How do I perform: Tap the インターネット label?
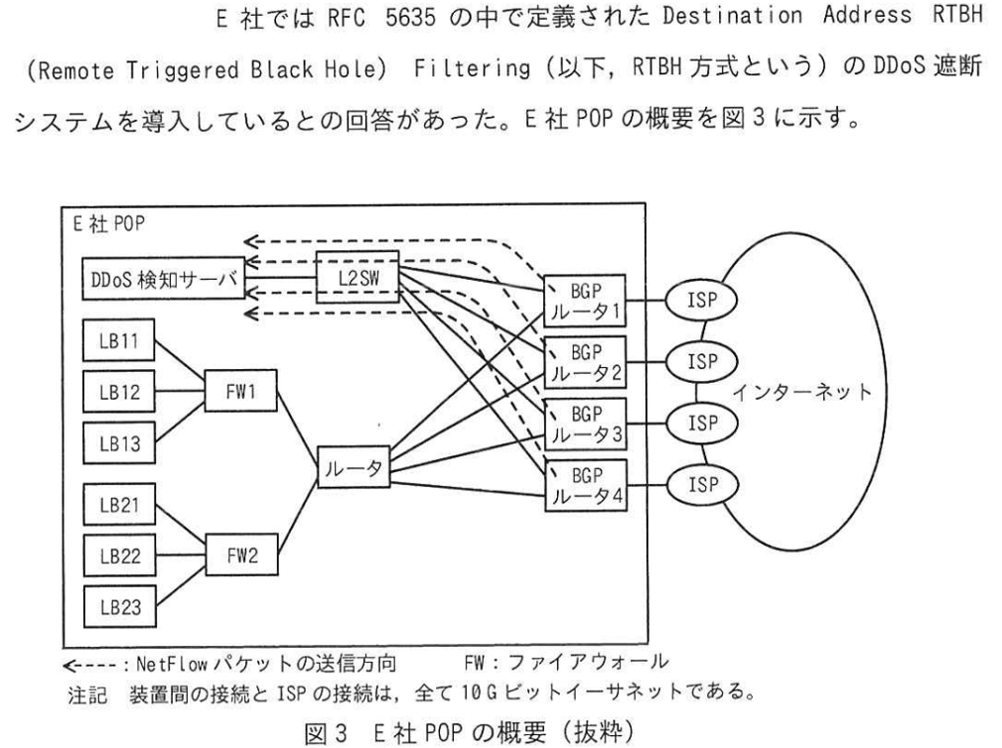[x=802, y=391]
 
